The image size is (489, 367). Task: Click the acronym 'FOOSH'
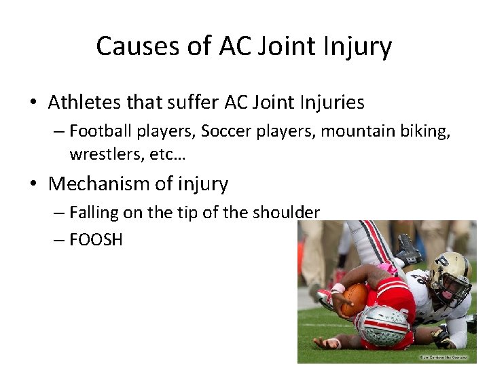pos(96,239)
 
